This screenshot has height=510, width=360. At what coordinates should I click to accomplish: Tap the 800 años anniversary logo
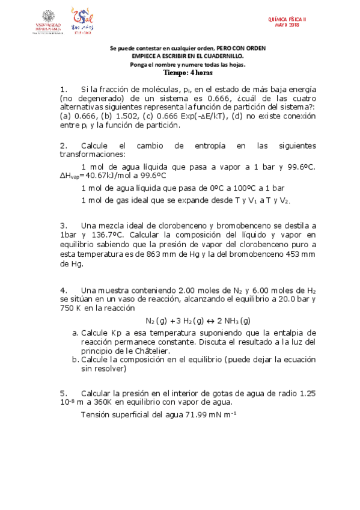82,20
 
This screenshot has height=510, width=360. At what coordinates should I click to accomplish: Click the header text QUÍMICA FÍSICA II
287,19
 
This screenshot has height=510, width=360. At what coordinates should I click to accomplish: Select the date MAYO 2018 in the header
287,25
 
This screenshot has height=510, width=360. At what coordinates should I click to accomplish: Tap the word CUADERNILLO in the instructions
222,56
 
